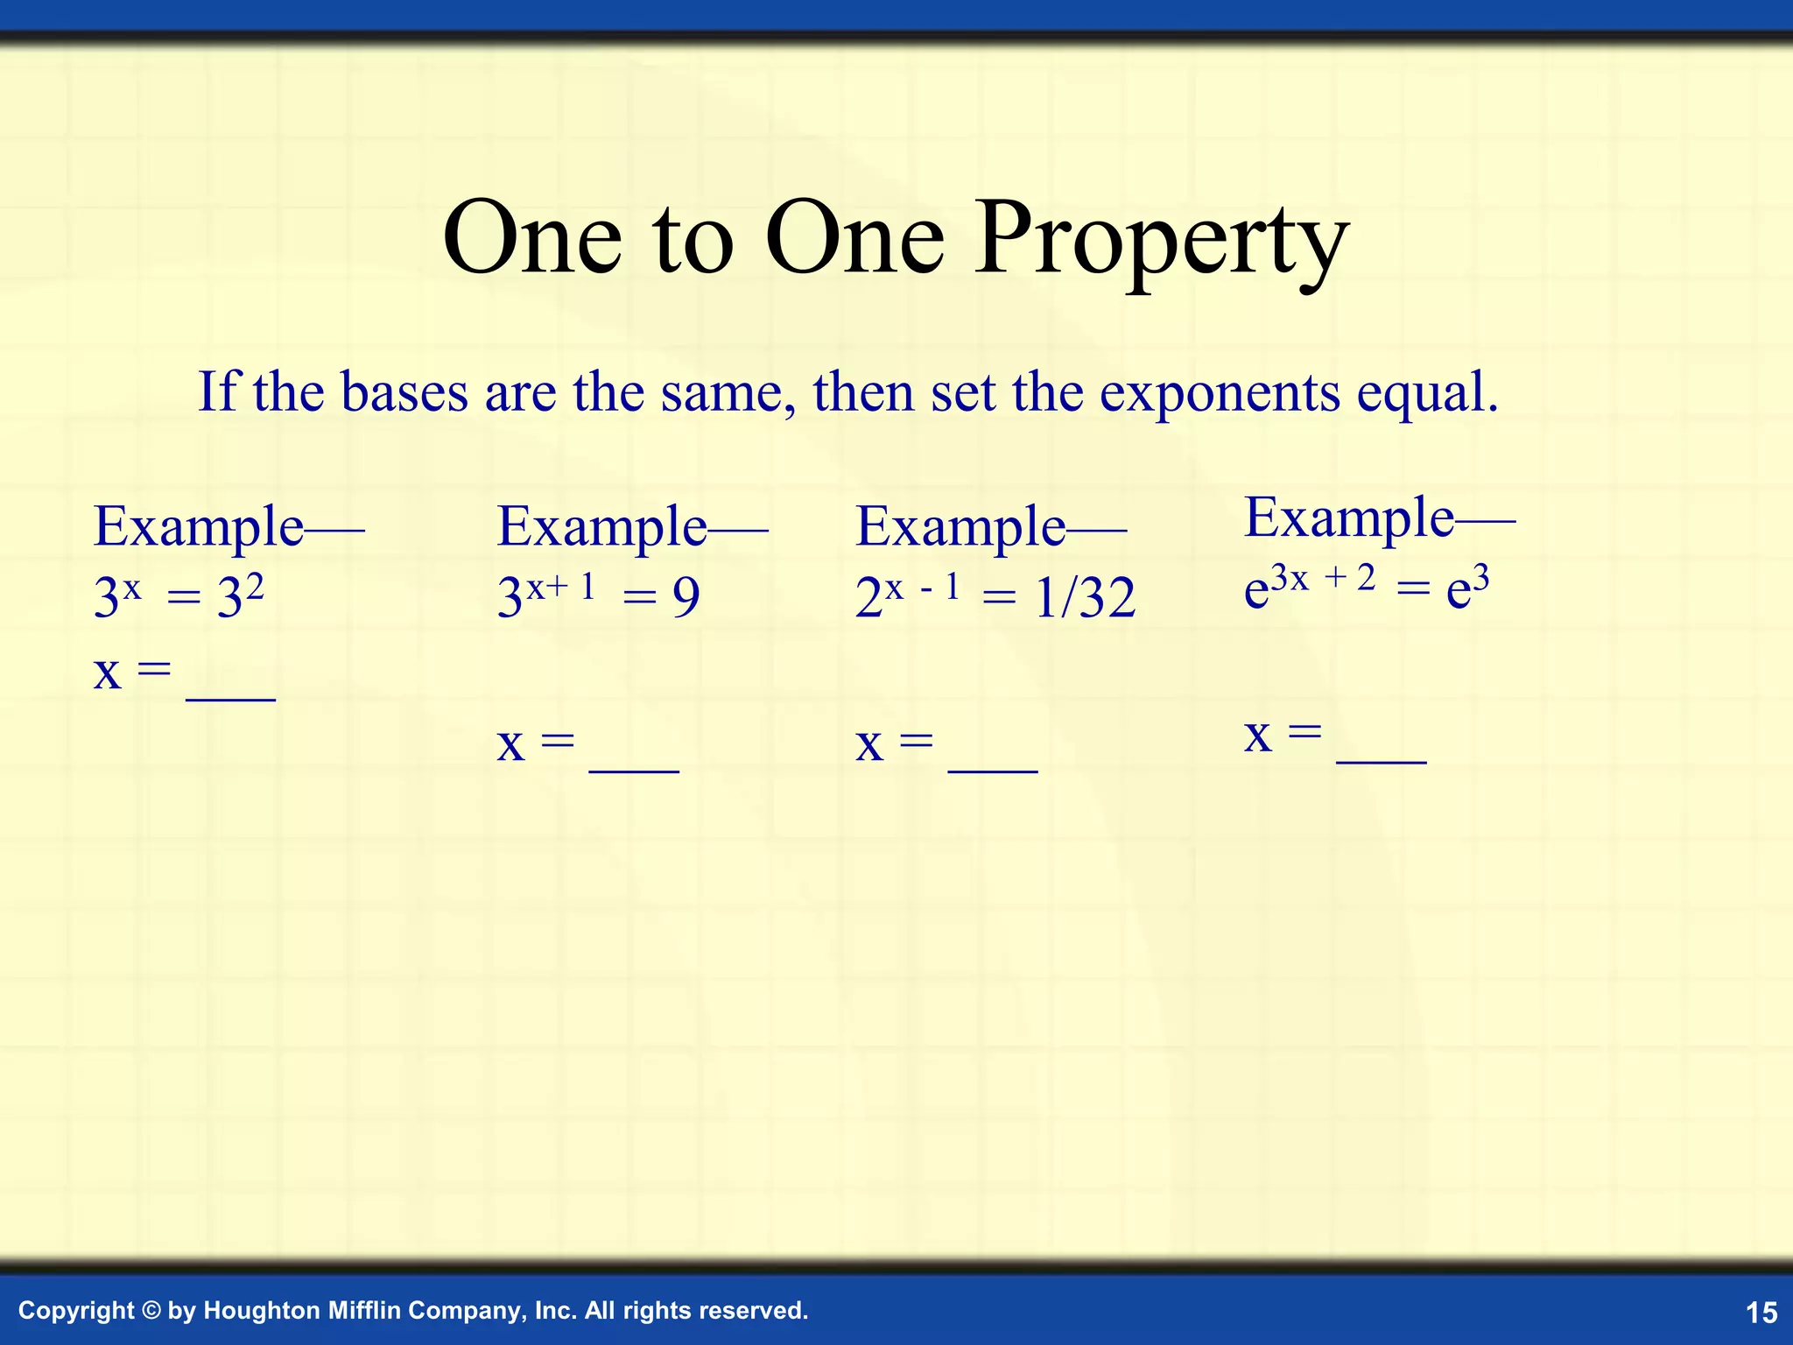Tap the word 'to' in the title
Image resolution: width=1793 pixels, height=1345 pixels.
tap(693, 241)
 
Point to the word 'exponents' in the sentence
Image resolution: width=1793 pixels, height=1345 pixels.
tap(1220, 393)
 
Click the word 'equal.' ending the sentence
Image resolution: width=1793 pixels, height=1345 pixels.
tap(1428, 393)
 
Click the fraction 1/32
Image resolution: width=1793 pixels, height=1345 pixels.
tap(1085, 599)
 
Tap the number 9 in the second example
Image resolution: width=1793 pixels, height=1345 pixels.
tap(686, 598)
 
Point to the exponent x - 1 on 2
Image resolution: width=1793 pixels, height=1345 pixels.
tap(923, 587)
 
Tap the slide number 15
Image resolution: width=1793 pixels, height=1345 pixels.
tap(1761, 1312)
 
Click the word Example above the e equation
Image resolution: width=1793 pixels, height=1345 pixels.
tap(1349, 518)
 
